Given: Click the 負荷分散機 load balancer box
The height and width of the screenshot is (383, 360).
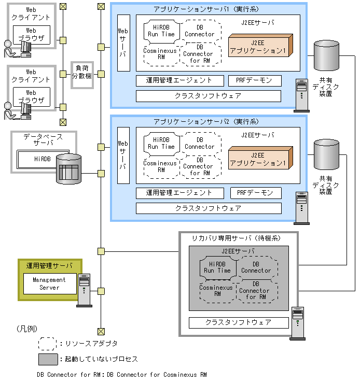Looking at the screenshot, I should point(81,75).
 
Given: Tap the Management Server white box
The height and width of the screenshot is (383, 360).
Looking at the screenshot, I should point(49,283).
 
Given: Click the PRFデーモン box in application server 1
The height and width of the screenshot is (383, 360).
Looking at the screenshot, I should point(255,81).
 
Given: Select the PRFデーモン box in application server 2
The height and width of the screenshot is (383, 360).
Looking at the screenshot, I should point(255,193).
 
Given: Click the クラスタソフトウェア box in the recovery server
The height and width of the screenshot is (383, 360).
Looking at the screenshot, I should point(238,322).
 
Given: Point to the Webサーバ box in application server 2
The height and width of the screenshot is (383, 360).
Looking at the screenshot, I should point(123,155).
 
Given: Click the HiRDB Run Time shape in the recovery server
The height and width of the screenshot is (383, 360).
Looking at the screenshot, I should point(217,267).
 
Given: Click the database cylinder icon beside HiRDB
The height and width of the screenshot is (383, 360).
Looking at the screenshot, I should point(68,169).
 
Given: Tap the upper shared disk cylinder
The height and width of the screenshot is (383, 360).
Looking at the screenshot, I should point(326,56).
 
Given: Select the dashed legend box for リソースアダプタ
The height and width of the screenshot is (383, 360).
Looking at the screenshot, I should point(47,343).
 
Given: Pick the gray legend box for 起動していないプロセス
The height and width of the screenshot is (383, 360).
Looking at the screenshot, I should point(47,359).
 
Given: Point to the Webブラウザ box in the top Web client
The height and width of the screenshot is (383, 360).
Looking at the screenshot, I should point(31,35).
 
